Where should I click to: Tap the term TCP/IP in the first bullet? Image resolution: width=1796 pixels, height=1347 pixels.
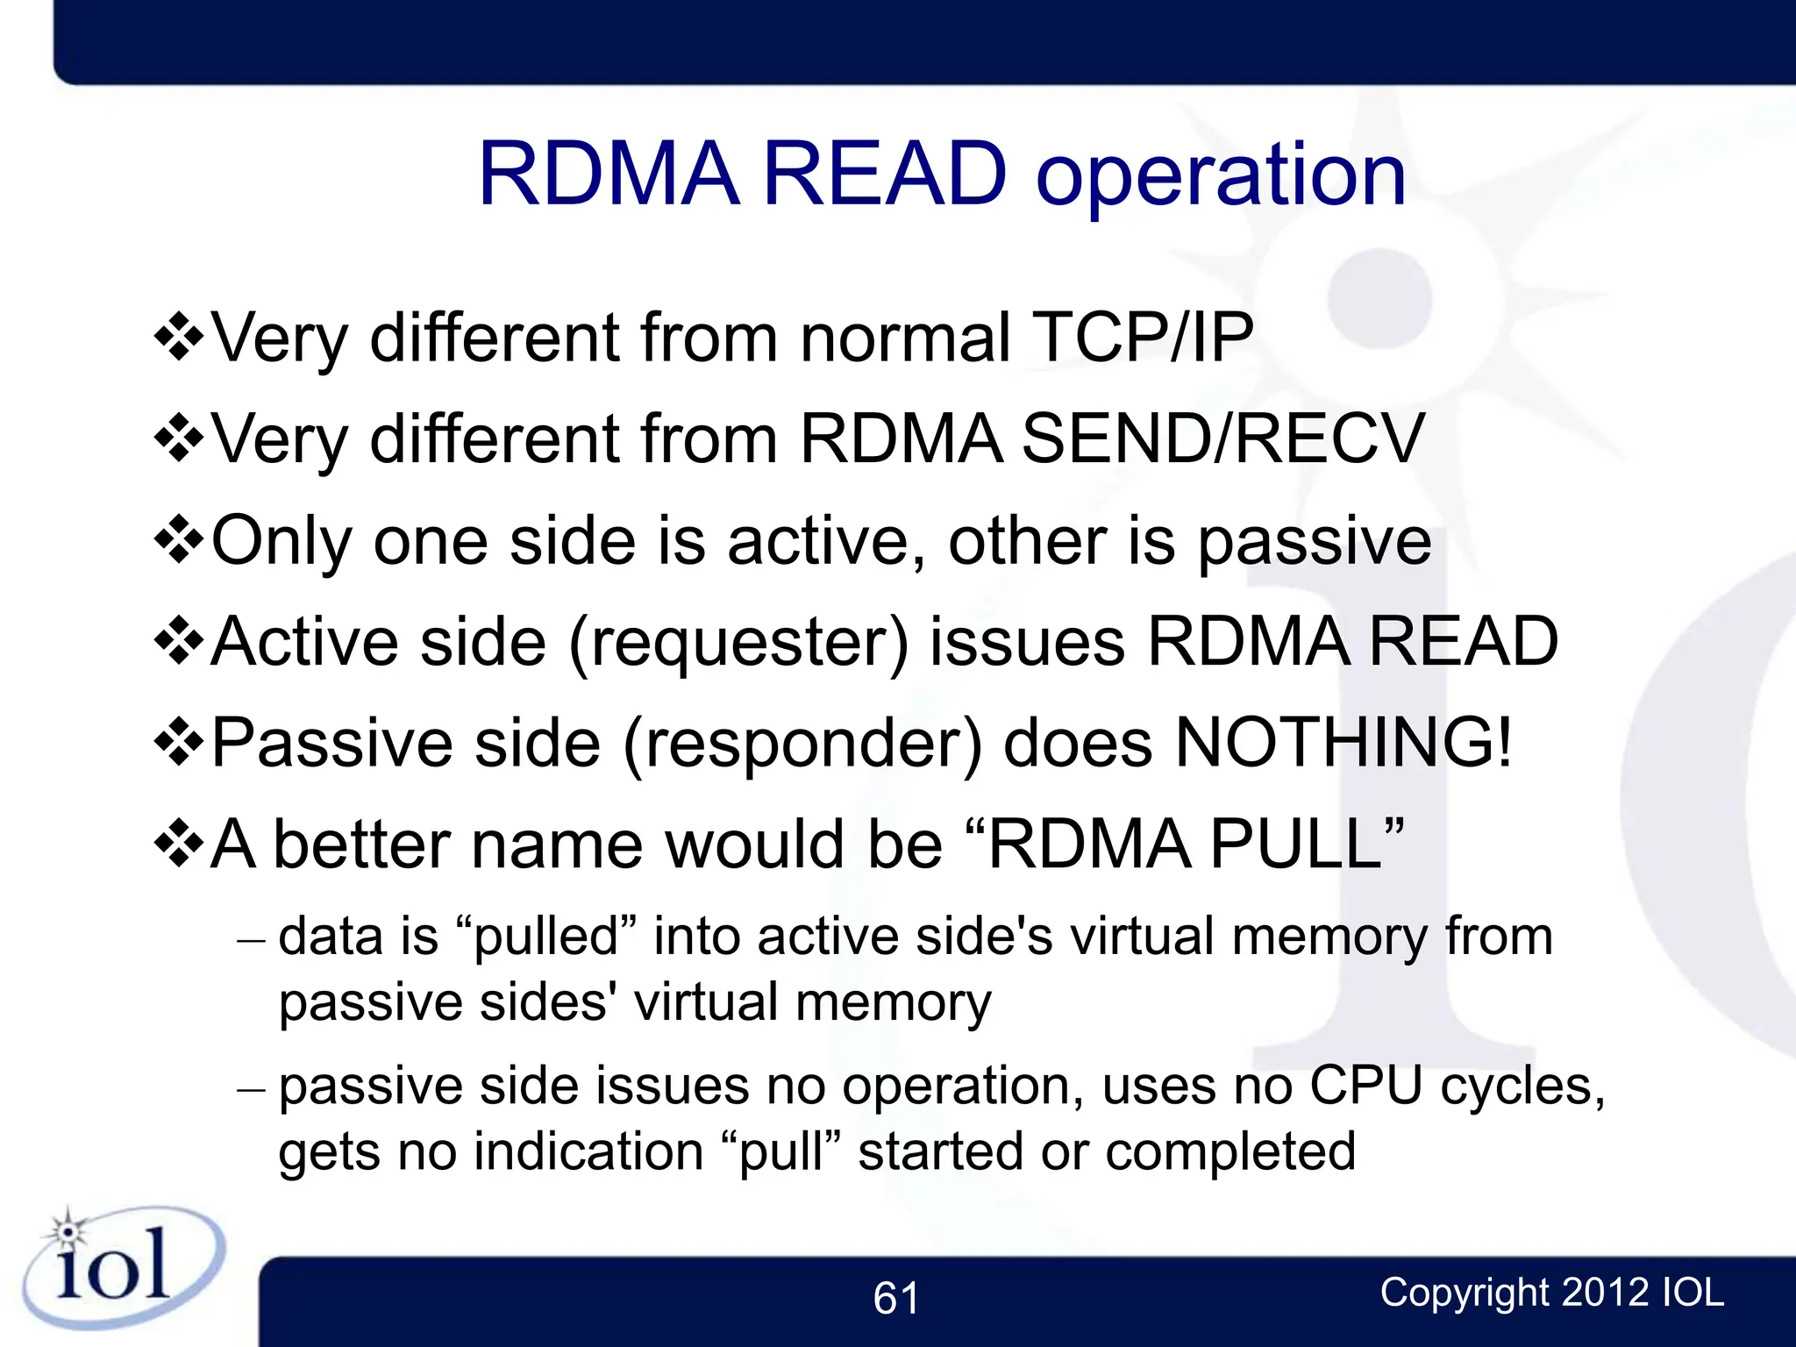pyautogui.click(x=1142, y=338)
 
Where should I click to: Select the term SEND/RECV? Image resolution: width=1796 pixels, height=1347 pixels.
pyautogui.click(x=1222, y=438)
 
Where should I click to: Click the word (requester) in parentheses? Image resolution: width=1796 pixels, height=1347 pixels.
pyautogui.click(x=738, y=643)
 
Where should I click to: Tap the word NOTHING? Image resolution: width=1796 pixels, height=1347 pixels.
pyautogui.click(x=1343, y=743)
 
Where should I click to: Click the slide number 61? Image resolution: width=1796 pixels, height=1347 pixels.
pyautogui.click(x=896, y=1298)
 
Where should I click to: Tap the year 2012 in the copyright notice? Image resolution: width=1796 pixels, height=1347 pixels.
pyautogui.click(x=1605, y=1293)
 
